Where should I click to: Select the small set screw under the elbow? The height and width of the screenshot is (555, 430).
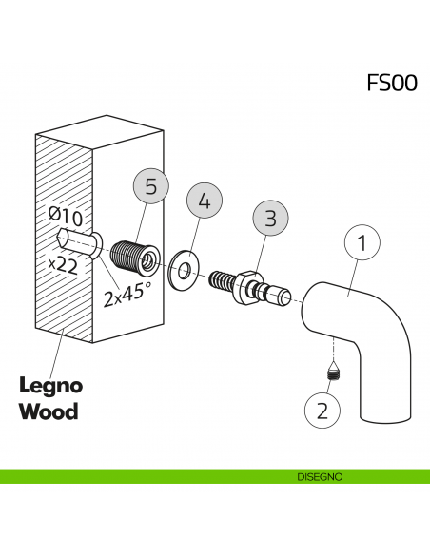click(333, 376)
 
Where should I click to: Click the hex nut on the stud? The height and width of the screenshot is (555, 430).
click(251, 285)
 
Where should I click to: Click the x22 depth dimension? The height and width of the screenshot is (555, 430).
click(63, 266)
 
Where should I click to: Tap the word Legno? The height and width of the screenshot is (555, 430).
click(51, 387)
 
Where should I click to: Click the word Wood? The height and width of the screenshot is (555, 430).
click(49, 412)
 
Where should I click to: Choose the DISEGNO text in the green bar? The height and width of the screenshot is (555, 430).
click(319, 476)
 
